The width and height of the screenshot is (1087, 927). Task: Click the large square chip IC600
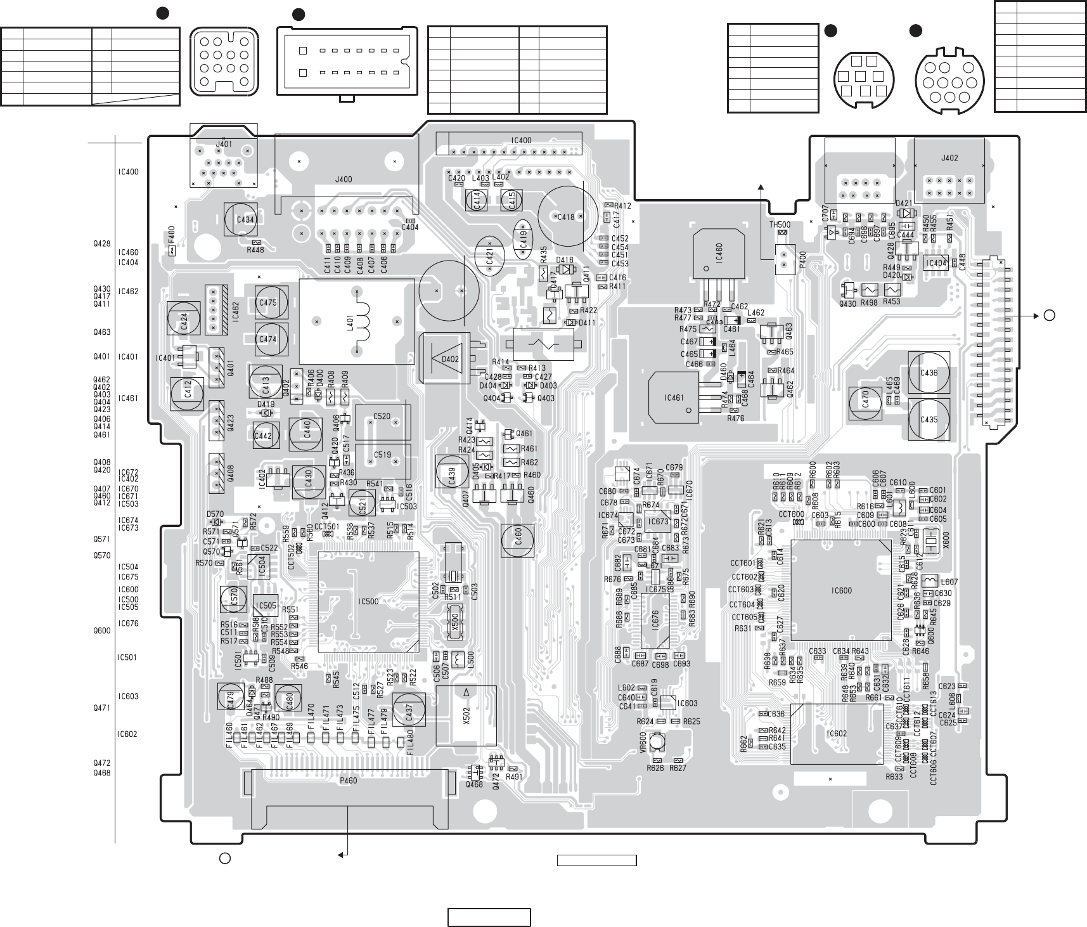(x=841, y=590)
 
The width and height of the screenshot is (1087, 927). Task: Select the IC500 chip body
(x=368, y=602)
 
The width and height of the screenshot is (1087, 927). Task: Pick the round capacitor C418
(x=567, y=216)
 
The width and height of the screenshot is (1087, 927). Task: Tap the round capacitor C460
(x=518, y=541)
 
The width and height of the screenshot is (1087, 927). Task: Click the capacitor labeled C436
(x=929, y=373)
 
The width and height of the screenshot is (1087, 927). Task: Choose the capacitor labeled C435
(x=929, y=419)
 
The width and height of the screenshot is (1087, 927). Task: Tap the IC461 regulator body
(x=674, y=398)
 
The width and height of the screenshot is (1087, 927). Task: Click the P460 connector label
(x=348, y=781)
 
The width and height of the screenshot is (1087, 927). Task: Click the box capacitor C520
(x=382, y=422)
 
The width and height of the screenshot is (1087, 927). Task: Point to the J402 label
(x=949, y=158)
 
